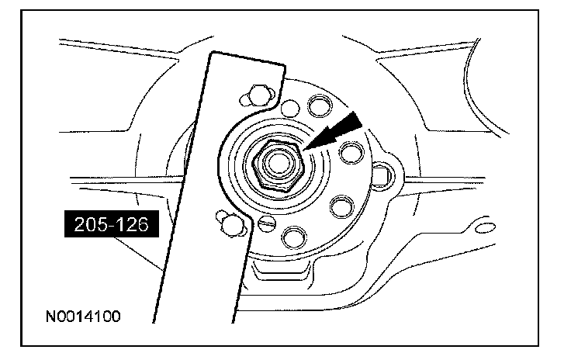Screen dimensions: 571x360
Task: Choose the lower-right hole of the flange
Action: [x=338, y=206]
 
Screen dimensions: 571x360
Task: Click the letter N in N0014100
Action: [x=50, y=317]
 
